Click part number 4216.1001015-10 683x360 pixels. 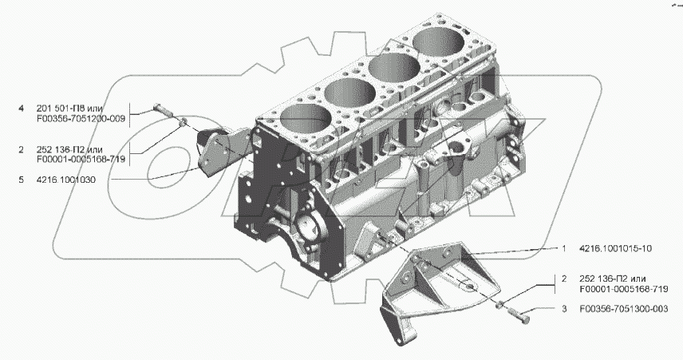pyautogui.click(x=615, y=249)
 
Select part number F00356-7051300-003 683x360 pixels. pyautogui.click(x=624, y=309)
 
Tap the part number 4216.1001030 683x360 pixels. pyautogui.click(x=66, y=180)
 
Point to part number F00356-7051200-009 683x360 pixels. pyautogui.click(x=81, y=118)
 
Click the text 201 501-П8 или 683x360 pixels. pyautogui.click(x=69, y=108)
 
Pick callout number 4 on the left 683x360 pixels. pyautogui.click(x=21, y=108)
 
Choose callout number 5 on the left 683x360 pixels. pyautogui.click(x=21, y=180)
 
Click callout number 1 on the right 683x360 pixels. pyautogui.click(x=564, y=249)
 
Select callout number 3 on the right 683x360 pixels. pyautogui.click(x=564, y=309)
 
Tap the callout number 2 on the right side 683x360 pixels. pyautogui.click(x=564, y=279)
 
